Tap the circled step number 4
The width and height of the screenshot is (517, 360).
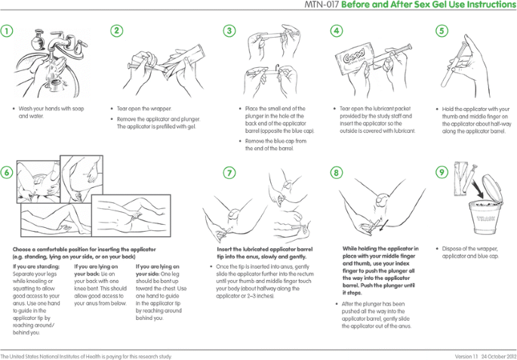337,31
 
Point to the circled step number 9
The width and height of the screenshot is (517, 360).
442,172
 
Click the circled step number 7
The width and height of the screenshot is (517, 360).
229,172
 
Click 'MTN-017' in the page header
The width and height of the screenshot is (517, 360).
322,5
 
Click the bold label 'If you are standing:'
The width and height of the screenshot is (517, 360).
33,266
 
